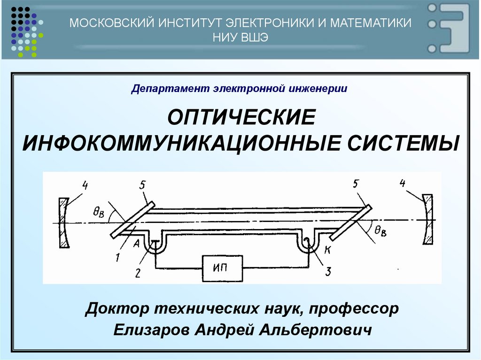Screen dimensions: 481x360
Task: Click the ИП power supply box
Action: pos(223,268)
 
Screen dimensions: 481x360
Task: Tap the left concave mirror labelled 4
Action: pos(63,222)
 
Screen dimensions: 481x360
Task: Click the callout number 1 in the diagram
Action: pos(118,257)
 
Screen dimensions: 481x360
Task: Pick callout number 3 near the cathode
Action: pos(328,271)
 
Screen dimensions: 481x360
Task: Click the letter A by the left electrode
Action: pos(136,243)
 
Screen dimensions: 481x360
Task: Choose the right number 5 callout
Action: pos(356,185)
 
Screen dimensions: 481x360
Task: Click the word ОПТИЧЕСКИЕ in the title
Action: pos(240,117)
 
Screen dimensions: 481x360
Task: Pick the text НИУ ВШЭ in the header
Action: pos(240,38)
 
